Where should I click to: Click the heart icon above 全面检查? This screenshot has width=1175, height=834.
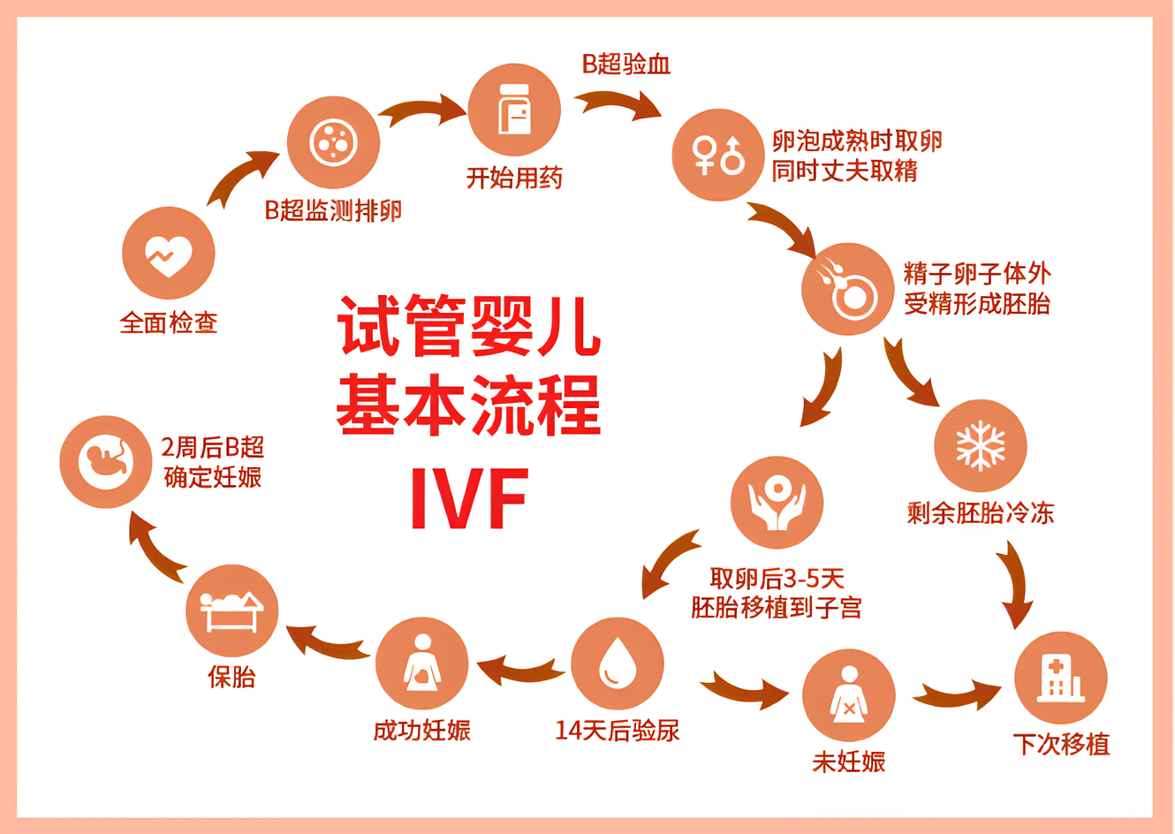(x=169, y=256)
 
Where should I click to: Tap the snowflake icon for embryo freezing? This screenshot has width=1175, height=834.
(x=981, y=446)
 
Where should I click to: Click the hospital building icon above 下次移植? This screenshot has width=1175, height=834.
(x=1061, y=679)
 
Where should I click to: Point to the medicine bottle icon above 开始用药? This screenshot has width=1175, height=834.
(x=514, y=109)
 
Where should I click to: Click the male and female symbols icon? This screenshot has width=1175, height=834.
(x=718, y=155)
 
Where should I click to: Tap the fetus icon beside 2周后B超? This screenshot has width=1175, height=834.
(x=105, y=462)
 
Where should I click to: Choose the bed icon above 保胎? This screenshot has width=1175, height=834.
(x=231, y=611)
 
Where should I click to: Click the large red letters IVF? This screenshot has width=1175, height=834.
(x=469, y=498)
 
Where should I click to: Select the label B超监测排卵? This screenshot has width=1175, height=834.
(x=333, y=211)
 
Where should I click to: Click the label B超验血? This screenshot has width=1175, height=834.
(x=626, y=64)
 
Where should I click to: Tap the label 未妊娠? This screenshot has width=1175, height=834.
(x=849, y=762)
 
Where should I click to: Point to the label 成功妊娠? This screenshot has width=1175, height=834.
(x=421, y=730)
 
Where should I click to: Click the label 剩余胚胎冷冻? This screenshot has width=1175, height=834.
(x=981, y=512)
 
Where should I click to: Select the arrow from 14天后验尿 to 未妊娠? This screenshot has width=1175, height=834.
(x=745, y=688)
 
